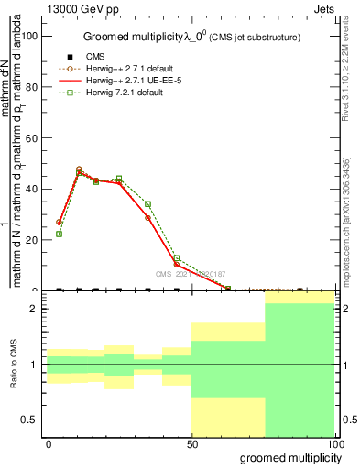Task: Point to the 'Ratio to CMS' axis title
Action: click(13, 365)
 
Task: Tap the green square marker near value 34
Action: click(148, 204)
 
